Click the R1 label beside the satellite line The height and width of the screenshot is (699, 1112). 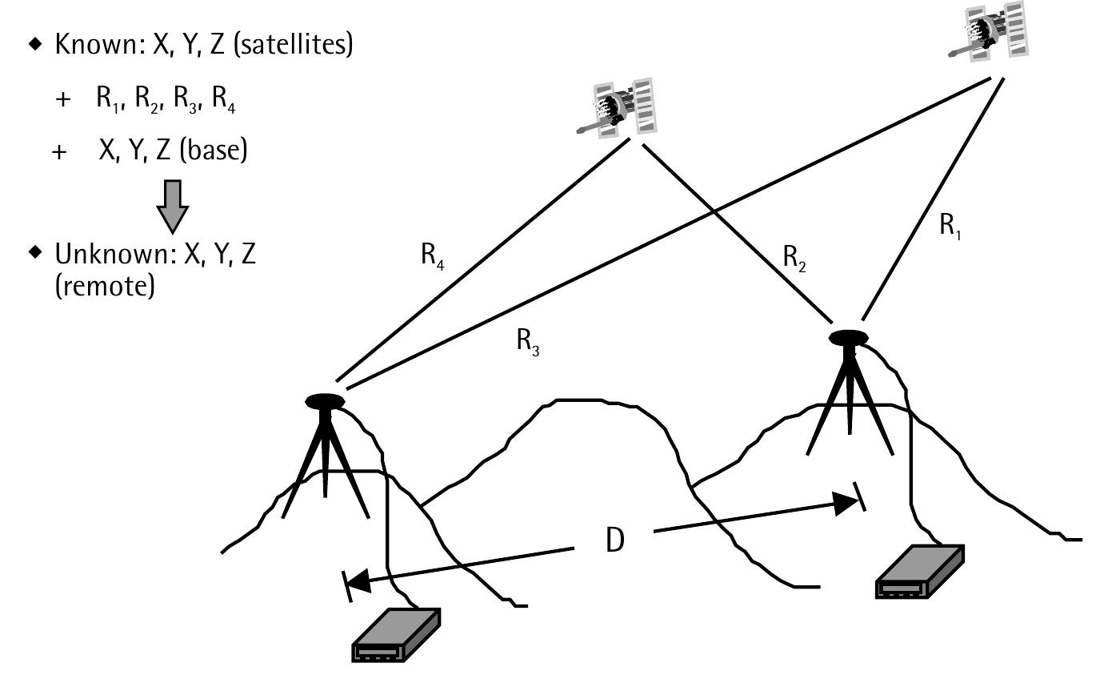point(950,227)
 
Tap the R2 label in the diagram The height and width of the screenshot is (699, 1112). point(794,259)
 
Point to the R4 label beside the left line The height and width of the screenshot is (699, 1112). point(432,256)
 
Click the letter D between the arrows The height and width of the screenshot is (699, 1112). point(614,541)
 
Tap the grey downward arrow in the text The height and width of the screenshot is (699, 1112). point(172,206)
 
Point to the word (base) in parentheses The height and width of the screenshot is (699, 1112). point(213,150)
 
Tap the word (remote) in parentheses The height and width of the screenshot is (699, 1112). point(105,287)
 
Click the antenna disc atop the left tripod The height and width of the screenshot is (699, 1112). point(325,401)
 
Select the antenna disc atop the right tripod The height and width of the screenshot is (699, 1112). point(848,338)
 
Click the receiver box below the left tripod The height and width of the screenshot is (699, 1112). point(396,635)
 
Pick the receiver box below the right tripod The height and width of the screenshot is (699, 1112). point(920,572)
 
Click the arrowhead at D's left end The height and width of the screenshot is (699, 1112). point(358,582)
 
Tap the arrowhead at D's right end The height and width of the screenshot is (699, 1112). point(846,503)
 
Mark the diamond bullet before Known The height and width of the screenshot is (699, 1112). point(34,44)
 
